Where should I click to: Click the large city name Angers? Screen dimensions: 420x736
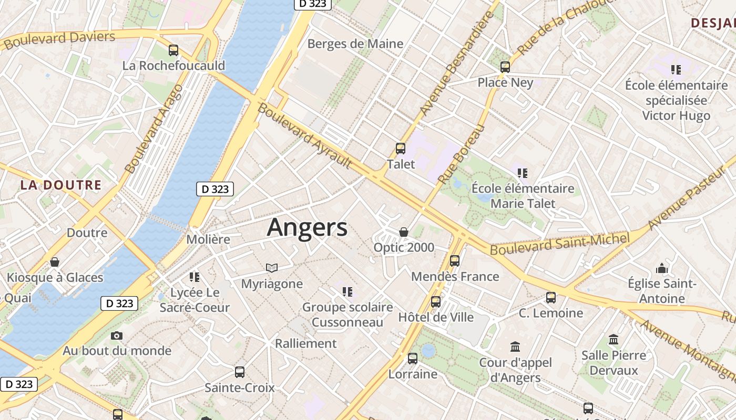[307, 228]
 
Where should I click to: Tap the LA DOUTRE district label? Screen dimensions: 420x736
[60, 185]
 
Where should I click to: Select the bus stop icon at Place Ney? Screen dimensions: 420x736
[505, 67]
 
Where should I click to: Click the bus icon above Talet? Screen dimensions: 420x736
[401, 149]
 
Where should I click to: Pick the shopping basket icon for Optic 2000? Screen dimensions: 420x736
[404, 232]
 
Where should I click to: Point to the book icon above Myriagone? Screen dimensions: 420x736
[272, 268]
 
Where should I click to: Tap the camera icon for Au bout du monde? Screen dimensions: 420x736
[117, 335]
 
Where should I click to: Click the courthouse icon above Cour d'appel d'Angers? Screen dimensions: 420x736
[515, 347]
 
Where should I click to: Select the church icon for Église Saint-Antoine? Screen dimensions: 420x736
[662, 269]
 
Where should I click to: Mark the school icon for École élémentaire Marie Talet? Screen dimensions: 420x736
[523, 173]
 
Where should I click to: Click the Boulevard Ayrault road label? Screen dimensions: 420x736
[305, 136]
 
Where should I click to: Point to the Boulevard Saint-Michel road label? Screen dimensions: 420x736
[559, 244]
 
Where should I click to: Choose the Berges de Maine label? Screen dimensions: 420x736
[355, 44]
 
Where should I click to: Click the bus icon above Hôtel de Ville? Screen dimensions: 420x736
[436, 302]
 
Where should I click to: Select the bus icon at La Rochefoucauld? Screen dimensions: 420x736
[173, 50]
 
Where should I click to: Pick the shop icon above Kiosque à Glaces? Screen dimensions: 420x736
[55, 262]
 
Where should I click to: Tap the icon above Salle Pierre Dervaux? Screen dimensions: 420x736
[614, 340]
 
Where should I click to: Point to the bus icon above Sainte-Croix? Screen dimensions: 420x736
[240, 372]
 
